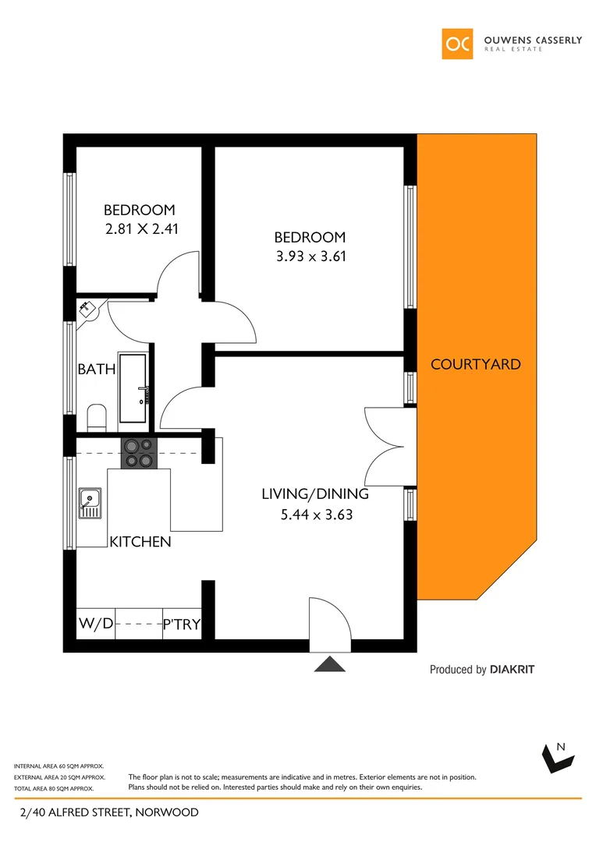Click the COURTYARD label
point(475,364)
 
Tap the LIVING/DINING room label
point(314,494)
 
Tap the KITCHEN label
point(140,542)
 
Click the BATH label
point(97,370)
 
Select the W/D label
point(95,624)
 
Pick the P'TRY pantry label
point(181,624)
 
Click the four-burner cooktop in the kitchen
point(139,453)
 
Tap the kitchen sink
point(89,502)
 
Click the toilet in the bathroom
point(97,416)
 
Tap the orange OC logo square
point(457,44)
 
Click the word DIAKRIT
point(512,669)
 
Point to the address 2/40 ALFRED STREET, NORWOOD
point(108,812)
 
